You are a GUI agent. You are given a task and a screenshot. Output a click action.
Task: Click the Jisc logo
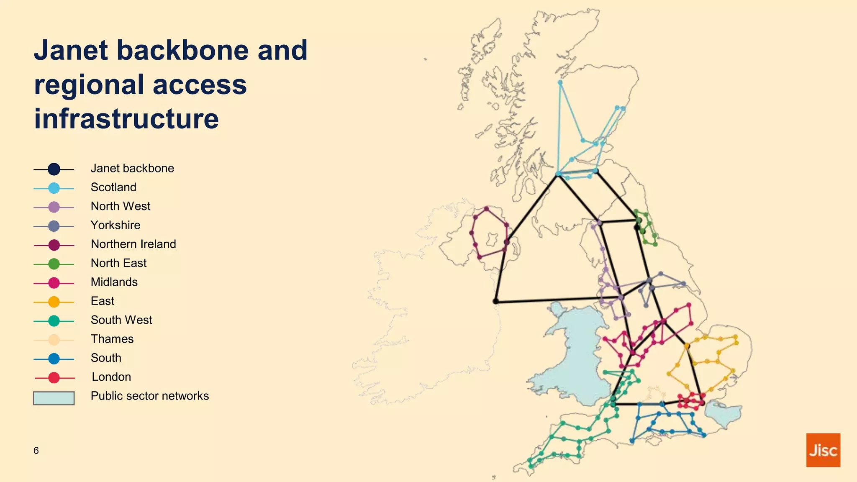[x=823, y=450]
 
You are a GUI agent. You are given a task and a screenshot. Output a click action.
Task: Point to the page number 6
[x=36, y=451]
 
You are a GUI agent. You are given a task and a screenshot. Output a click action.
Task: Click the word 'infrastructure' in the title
[x=126, y=118]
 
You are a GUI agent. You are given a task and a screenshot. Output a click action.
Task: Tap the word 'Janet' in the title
[x=71, y=50]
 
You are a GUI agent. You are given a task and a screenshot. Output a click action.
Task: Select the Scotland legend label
[x=113, y=187]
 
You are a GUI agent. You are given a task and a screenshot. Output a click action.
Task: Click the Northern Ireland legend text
[x=133, y=244]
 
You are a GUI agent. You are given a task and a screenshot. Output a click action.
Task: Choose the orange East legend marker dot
[x=54, y=302]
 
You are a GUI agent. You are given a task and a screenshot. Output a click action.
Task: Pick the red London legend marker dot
[x=54, y=378]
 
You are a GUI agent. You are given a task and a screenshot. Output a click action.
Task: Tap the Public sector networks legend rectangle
[x=54, y=398]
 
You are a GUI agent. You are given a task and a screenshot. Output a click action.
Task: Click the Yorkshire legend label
[x=115, y=225]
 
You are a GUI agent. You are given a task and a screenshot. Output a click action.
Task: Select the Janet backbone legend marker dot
[x=54, y=169]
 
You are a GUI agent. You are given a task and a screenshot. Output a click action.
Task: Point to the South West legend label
[x=121, y=320]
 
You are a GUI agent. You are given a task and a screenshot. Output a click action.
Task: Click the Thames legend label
[x=112, y=339]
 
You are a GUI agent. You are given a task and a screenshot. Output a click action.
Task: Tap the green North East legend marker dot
[x=54, y=264]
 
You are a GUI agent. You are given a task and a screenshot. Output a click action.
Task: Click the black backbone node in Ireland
[x=496, y=301]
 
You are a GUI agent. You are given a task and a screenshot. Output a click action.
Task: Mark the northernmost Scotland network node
[x=560, y=82]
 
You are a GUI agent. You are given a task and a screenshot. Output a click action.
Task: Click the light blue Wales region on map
[x=577, y=356]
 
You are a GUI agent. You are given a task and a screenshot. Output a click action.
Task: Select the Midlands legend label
[x=114, y=282]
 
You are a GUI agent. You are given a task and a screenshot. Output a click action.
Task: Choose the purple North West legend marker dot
[x=54, y=207]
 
